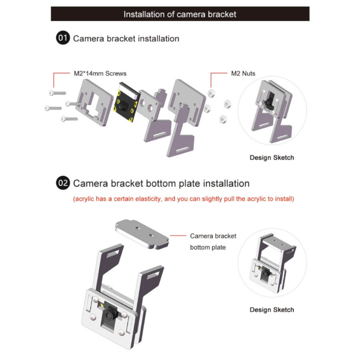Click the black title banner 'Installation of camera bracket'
[x=180, y=14]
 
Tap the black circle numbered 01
[x=63, y=38]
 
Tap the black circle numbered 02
[x=63, y=183]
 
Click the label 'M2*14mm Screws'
[x=100, y=73]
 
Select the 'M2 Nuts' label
[x=243, y=73]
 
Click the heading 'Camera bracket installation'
[x=126, y=39]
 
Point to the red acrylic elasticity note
[x=184, y=199]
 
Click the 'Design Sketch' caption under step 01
[x=272, y=158]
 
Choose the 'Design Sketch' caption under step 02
[x=272, y=310]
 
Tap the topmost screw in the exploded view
[x=57, y=93]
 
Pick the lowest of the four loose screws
[x=69, y=119]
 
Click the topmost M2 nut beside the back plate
[x=211, y=93]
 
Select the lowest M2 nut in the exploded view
[x=223, y=120]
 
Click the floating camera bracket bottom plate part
[x=142, y=234]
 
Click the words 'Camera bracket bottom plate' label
[x=213, y=242]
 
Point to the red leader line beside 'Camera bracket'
[x=178, y=235]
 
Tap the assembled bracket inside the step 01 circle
[x=272, y=111]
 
